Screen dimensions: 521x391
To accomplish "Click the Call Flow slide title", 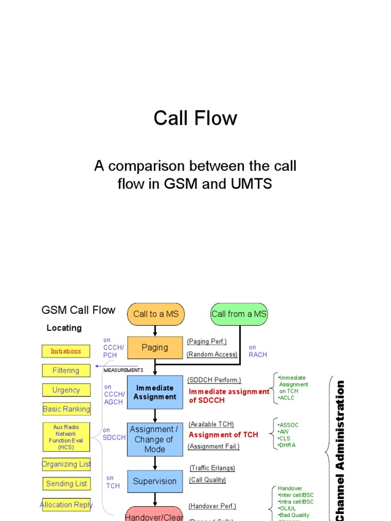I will point(195,119).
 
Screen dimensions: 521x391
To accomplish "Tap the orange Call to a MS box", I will point(155,314).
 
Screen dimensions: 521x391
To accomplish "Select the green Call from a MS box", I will point(239,314).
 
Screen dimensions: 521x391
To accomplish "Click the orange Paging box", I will point(155,348).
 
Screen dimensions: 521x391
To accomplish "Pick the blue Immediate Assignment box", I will point(155,392).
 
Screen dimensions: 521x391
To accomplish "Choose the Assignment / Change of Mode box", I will point(155,440).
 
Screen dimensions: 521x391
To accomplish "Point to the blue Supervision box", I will point(155,481).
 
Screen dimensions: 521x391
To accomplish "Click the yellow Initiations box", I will point(66,351).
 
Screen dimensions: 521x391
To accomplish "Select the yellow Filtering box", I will point(66,370).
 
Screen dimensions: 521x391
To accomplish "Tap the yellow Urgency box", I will point(66,390).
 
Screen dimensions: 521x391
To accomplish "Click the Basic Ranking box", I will point(66,409).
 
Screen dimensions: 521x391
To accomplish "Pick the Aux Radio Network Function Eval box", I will point(66,437).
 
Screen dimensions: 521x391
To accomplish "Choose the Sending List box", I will point(66,484).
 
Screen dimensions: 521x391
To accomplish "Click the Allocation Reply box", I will point(66,505).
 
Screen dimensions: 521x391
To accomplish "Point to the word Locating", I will point(64,328).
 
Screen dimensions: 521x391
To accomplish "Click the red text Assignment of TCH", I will point(224,435).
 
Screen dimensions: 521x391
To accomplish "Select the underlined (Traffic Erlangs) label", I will point(212,468).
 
